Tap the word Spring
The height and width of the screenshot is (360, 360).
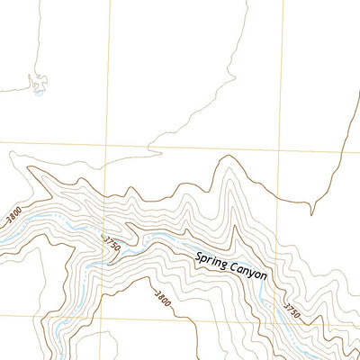point(214,261)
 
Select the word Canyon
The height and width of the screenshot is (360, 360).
point(249,272)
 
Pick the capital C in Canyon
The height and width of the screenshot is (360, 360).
point(233,267)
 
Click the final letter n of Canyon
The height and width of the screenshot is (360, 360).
point(265,276)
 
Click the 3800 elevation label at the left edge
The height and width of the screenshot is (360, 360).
point(13,216)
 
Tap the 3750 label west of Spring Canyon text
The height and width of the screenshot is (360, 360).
point(112,243)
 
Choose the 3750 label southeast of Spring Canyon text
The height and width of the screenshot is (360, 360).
point(291,311)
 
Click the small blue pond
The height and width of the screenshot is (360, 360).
point(38,91)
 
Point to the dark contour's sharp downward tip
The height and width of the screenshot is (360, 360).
point(311,214)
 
